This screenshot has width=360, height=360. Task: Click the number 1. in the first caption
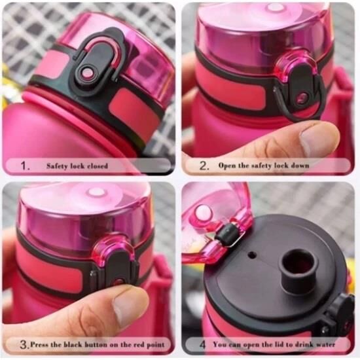(x=25, y=166)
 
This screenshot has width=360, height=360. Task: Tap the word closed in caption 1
(x=98, y=166)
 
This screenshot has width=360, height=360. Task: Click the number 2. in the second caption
(x=204, y=166)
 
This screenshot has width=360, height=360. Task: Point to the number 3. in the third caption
(x=24, y=345)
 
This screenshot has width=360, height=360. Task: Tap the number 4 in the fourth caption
(x=202, y=344)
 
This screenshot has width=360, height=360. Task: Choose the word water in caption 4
(x=325, y=344)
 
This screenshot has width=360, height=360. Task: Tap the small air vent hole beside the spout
(x=253, y=255)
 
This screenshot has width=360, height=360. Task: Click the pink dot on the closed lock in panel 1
(x=88, y=74)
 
